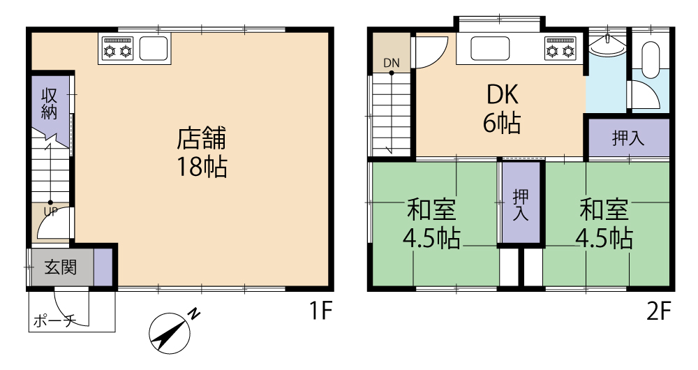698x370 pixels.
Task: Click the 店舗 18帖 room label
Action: (202, 152)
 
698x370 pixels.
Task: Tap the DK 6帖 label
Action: (502, 109)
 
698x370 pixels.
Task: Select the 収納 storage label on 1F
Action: (50, 104)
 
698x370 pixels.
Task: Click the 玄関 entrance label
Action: (61, 267)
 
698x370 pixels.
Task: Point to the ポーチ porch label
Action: (54, 320)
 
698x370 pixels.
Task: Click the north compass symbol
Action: (172, 331)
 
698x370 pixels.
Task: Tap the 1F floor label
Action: (321, 311)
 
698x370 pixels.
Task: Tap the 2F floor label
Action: (658, 311)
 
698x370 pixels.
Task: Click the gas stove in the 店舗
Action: (118, 49)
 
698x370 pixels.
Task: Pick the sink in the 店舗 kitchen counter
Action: (154, 49)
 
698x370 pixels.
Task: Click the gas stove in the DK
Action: (560, 49)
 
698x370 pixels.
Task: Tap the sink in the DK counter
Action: (490, 49)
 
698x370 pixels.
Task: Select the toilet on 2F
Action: (651, 56)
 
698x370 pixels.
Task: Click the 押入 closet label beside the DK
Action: (628, 138)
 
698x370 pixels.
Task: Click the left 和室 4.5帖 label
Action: (431, 224)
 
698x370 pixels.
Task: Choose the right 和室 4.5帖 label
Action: (604, 224)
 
